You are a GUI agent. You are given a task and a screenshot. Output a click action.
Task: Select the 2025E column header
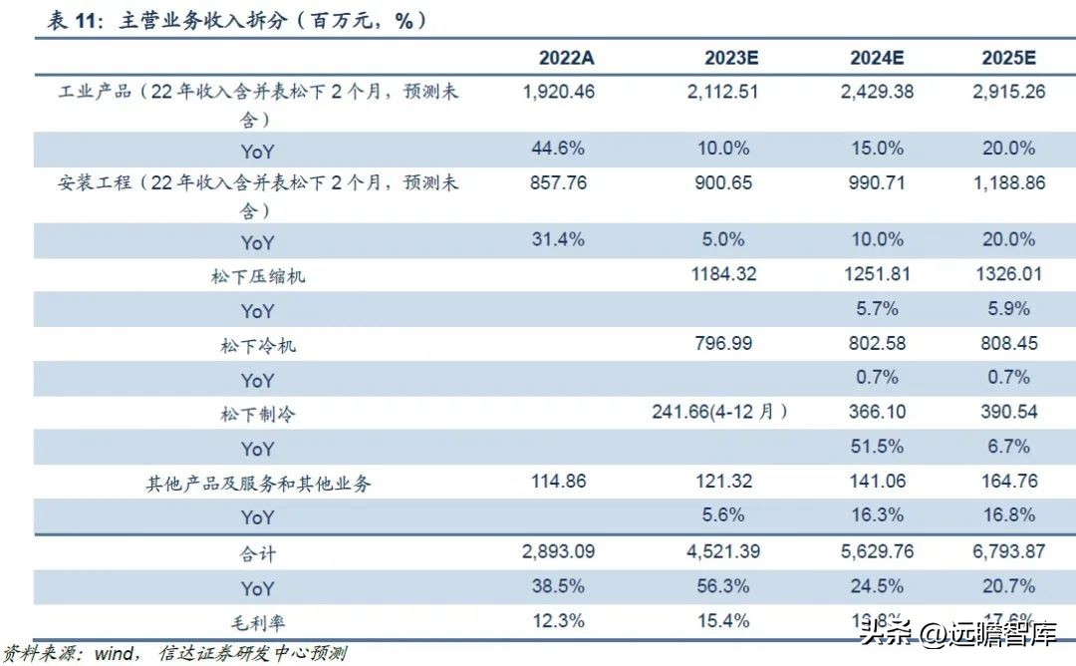coord(1008,57)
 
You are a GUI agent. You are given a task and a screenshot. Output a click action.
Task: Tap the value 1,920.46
coord(559,92)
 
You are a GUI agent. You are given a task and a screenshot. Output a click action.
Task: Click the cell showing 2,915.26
coord(1008,92)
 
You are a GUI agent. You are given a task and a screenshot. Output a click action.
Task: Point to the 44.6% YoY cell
coord(559,149)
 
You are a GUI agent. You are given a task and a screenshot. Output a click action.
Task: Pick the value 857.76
coord(559,183)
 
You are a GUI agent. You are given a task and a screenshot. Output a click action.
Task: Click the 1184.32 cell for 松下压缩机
coord(725,274)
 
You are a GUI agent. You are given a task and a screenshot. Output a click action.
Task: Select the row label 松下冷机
coord(257,346)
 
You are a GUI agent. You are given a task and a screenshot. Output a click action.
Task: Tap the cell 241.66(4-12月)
coord(718,412)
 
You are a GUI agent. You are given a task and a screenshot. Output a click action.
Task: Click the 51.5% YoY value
coord(878,447)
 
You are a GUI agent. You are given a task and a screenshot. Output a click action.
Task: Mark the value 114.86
coord(559,481)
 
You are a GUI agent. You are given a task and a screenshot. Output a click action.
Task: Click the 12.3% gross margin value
coord(559,620)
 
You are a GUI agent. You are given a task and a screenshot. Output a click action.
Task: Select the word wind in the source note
coord(114,654)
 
